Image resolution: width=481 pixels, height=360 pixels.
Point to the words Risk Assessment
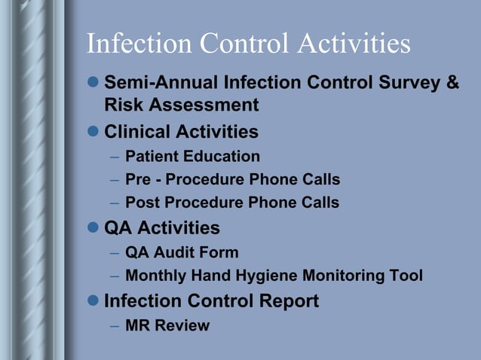[x=181, y=105]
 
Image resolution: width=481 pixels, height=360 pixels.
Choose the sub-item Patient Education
[x=192, y=157]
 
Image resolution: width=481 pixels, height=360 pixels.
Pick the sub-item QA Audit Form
[x=182, y=252]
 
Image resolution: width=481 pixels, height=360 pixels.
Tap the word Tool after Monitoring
[x=406, y=276]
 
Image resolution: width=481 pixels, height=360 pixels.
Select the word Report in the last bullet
[x=285, y=301]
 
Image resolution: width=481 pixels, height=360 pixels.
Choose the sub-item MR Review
[x=167, y=325]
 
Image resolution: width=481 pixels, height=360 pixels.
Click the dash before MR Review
[x=113, y=326]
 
